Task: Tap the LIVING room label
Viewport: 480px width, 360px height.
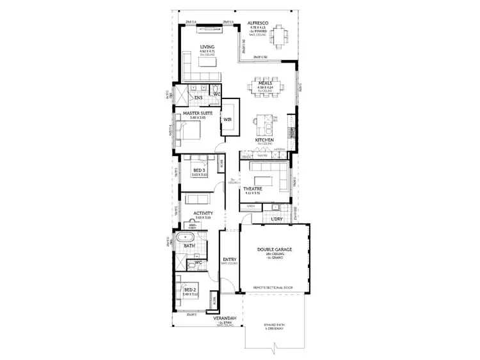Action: pyautogui.click(x=207, y=47)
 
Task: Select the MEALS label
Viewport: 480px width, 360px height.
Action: pyautogui.click(x=266, y=82)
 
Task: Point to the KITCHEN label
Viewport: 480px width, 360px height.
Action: pyautogui.click(x=265, y=140)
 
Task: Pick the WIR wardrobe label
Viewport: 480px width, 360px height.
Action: pyautogui.click(x=227, y=120)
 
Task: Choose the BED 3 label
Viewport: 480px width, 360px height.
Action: pyautogui.click(x=199, y=169)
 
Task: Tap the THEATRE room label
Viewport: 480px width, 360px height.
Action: pyautogui.click(x=253, y=189)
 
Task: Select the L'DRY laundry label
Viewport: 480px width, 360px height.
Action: pyautogui.click(x=277, y=219)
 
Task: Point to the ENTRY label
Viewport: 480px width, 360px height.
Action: pyautogui.click(x=229, y=259)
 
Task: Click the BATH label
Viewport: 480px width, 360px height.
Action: pyautogui.click(x=189, y=246)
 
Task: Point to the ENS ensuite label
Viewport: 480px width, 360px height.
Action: pyautogui.click(x=199, y=98)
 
